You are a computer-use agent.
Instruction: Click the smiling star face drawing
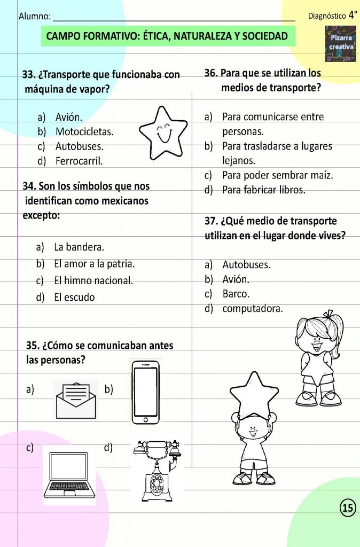click(x=163, y=131)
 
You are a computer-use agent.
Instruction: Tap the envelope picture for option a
click(x=76, y=400)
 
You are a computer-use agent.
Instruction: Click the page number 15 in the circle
click(x=347, y=508)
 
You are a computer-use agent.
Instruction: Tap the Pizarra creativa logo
click(x=340, y=42)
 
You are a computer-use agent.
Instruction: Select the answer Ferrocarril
click(x=79, y=161)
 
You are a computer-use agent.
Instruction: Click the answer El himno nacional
click(x=93, y=281)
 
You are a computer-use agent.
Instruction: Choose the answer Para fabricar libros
click(x=264, y=190)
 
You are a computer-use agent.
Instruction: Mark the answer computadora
click(x=253, y=309)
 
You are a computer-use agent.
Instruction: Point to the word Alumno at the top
click(x=35, y=17)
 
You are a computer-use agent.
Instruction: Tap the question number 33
click(x=28, y=75)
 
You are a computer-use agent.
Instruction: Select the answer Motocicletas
click(x=84, y=131)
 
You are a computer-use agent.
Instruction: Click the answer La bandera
click(x=79, y=247)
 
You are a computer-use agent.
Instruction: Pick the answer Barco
click(x=236, y=294)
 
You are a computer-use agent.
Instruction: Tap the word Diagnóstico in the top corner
click(x=327, y=17)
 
